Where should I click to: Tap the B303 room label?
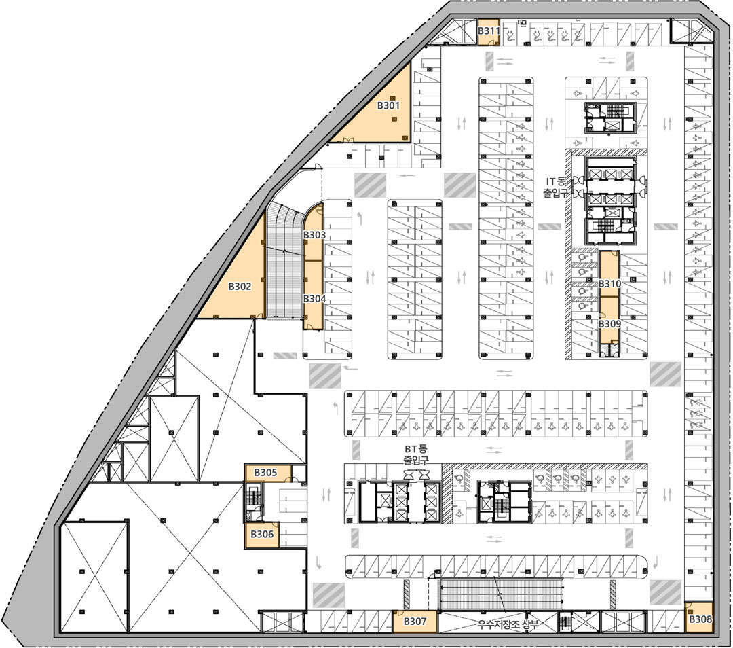pos(314,235)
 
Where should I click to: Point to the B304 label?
pos(314,298)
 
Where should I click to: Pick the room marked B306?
pos(262,535)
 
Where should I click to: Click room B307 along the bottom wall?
pos(415,622)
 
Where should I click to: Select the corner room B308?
pos(699,617)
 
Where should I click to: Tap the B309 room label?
pos(610,324)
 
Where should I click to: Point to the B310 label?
pos(610,283)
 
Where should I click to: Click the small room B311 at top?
pos(489,32)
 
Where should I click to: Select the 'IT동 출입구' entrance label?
pos(555,187)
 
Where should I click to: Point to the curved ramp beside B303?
pos(285,262)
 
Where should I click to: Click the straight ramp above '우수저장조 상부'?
pos(501,594)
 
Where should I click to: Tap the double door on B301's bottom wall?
pos(348,140)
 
